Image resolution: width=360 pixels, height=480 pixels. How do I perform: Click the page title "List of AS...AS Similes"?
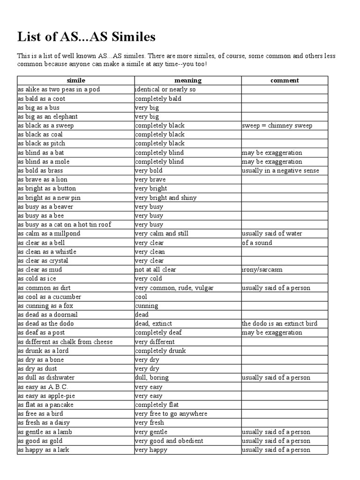click(x=87, y=37)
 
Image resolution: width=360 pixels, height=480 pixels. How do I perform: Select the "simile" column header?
click(x=76, y=81)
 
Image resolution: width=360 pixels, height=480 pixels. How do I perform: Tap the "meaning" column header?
click(x=188, y=81)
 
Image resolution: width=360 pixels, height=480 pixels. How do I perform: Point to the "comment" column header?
click(x=285, y=81)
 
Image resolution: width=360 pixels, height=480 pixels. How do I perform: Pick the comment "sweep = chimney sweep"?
click(x=277, y=126)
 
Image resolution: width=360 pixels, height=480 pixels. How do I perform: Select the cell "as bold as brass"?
click(x=40, y=171)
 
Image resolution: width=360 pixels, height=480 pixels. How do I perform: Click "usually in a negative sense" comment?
click(x=280, y=171)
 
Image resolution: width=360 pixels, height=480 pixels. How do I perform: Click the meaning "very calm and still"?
click(x=162, y=233)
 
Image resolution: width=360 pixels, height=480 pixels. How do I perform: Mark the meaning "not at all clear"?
click(x=156, y=270)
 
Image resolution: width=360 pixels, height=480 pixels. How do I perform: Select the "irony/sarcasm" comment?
click(x=262, y=270)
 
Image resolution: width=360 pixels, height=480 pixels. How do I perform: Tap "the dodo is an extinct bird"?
click(x=279, y=324)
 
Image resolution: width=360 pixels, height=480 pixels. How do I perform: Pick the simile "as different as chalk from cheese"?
click(x=65, y=342)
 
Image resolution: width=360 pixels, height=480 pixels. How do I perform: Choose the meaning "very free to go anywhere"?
click(x=171, y=414)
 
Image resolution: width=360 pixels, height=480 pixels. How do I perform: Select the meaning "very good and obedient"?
click(x=169, y=441)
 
